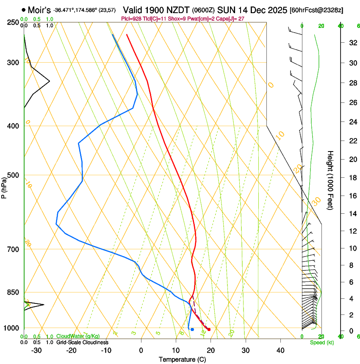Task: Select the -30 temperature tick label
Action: tap(36, 350)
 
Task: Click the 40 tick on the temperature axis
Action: tap(280, 350)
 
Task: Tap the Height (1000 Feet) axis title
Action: tap(330, 180)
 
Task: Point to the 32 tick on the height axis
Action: tap(352, 42)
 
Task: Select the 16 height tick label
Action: tap(352, 196)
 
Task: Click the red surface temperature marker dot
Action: tap(209, 329)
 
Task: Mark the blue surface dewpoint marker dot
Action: tap(192, 329)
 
